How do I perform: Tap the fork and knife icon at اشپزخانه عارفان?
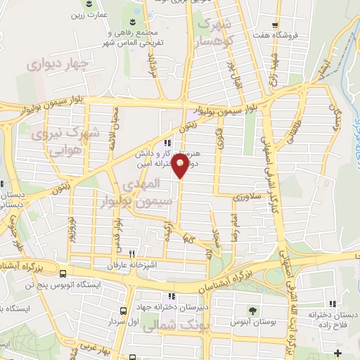131,255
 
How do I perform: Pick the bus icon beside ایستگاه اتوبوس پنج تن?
64,274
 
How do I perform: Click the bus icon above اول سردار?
123,310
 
